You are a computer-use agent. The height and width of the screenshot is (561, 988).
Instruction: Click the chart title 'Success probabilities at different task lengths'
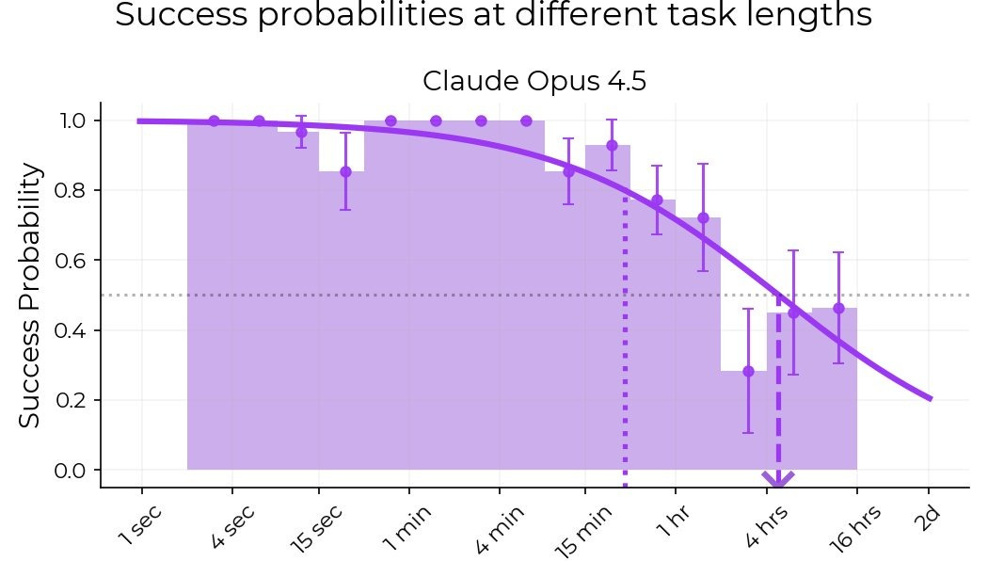click(x=493, y=16)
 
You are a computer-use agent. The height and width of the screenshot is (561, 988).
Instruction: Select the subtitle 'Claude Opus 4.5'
click(x=534, y=81)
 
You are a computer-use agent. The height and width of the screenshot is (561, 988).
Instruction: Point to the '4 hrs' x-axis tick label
click(x=763, y=526)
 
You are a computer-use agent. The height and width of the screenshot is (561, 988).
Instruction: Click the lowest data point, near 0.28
click(x=748, y=371)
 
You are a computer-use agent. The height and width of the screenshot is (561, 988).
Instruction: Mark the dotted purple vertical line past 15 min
click(x=625, y=339)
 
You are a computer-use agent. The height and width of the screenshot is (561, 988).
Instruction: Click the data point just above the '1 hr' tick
click(x=657, y=200)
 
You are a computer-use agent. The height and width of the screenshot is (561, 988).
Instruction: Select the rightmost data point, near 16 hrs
click(x=838, y=308)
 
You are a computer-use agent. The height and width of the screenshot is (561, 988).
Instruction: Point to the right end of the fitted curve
click(x=930, y=398)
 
